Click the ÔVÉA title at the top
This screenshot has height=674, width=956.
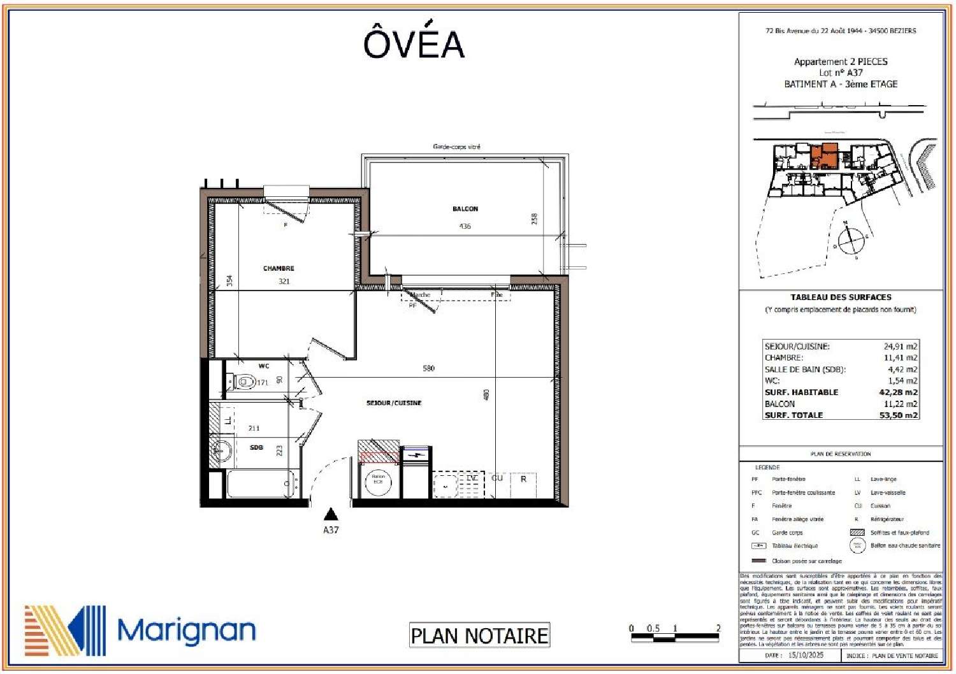414,43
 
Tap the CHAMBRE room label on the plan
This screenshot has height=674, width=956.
279,268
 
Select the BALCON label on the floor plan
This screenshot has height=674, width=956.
465,209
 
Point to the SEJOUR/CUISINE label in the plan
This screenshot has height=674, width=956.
393,403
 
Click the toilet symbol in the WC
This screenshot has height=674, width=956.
244,382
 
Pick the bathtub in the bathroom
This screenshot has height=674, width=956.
260,485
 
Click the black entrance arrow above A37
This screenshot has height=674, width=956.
330,513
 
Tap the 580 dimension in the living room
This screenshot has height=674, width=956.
428,368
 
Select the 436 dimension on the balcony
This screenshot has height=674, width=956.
465,226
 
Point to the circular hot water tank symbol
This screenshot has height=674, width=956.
378,482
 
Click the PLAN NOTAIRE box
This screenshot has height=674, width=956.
479,635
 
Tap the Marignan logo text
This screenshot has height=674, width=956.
186,631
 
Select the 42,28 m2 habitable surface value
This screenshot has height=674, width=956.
898,392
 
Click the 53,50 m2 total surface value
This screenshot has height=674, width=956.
898,415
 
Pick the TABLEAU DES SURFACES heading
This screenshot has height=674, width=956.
841,298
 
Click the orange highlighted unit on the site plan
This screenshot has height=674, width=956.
825,155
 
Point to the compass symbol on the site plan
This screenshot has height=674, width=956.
850,240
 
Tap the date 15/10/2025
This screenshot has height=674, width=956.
806,655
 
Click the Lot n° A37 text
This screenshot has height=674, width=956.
841,73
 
